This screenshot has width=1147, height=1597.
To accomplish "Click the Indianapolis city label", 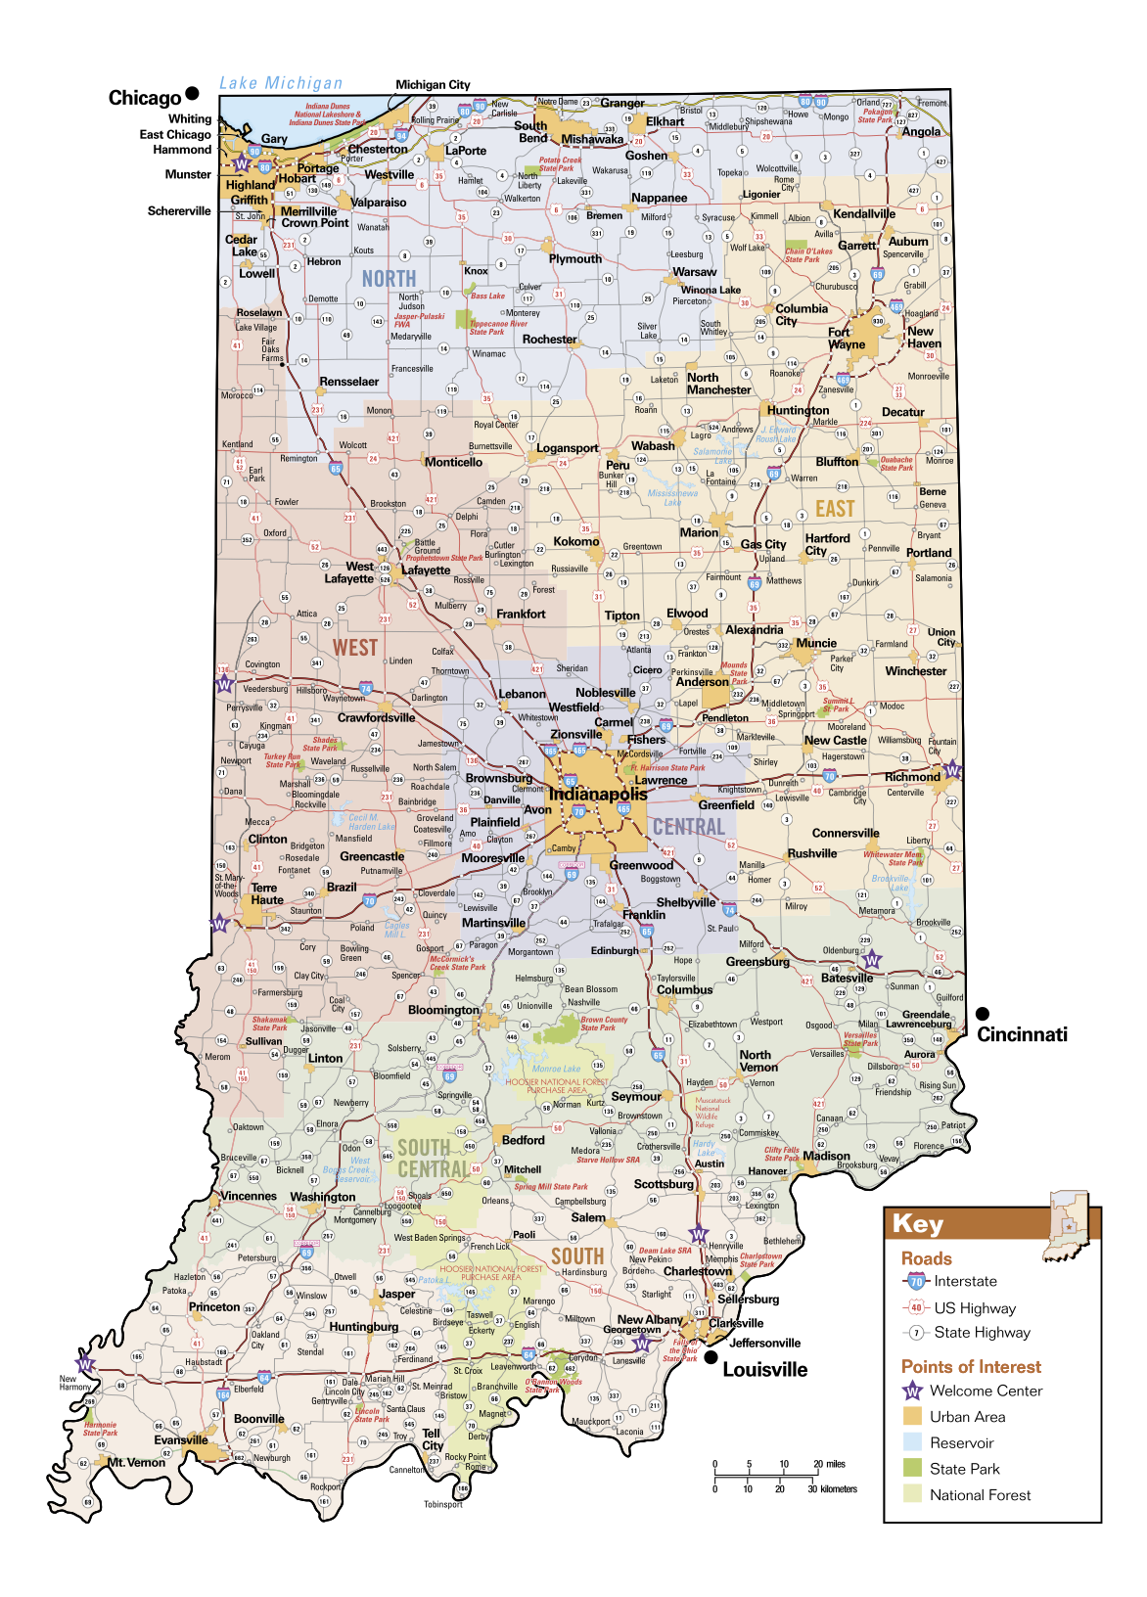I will [597, 794].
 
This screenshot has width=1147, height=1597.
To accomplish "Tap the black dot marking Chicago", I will [192, 94].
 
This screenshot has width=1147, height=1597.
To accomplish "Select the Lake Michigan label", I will [281, 83].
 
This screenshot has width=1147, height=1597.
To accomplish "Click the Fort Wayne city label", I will [847, 338].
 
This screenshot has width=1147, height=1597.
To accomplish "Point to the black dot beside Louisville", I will [711, 1357].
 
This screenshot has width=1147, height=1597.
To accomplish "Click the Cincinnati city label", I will [1022, 1034].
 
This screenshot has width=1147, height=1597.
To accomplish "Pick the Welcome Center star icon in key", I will [912, 1391].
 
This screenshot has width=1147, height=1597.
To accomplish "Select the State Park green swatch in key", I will [912, 1468].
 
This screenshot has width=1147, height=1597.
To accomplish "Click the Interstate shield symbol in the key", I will [915, 1281].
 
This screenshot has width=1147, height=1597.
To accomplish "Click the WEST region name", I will [354, 648].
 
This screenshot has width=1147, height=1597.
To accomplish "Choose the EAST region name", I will [835, 509].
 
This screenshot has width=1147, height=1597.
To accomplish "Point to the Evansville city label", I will [181, 1439].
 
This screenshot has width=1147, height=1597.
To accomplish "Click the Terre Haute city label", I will [266, 893].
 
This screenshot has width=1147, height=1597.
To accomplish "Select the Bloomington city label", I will [443, 1009].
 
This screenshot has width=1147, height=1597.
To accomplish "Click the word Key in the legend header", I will [918, 1224].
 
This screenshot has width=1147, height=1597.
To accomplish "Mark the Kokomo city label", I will [575, 541].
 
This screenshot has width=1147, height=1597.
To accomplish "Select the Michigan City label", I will [433, 85].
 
